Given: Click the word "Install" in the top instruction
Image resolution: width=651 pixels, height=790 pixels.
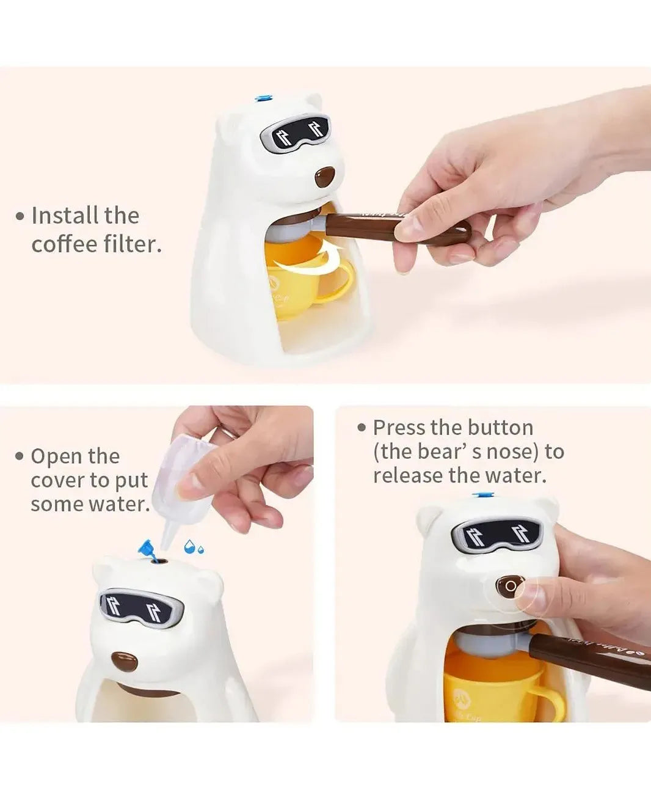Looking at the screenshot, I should (65, 216).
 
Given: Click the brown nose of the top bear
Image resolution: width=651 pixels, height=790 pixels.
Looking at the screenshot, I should (324, 177).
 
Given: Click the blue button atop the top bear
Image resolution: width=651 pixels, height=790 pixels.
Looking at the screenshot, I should (263, 97).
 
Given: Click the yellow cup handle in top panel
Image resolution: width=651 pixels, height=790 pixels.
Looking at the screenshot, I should (340, 283).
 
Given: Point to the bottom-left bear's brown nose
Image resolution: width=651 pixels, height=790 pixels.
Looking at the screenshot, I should (125, 661).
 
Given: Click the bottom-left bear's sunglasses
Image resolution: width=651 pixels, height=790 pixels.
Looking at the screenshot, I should (141, 606).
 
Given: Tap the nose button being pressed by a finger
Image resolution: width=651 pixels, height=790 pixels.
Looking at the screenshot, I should (509, 587).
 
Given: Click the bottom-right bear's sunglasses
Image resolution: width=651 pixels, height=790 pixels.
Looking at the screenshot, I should (496, 535).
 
